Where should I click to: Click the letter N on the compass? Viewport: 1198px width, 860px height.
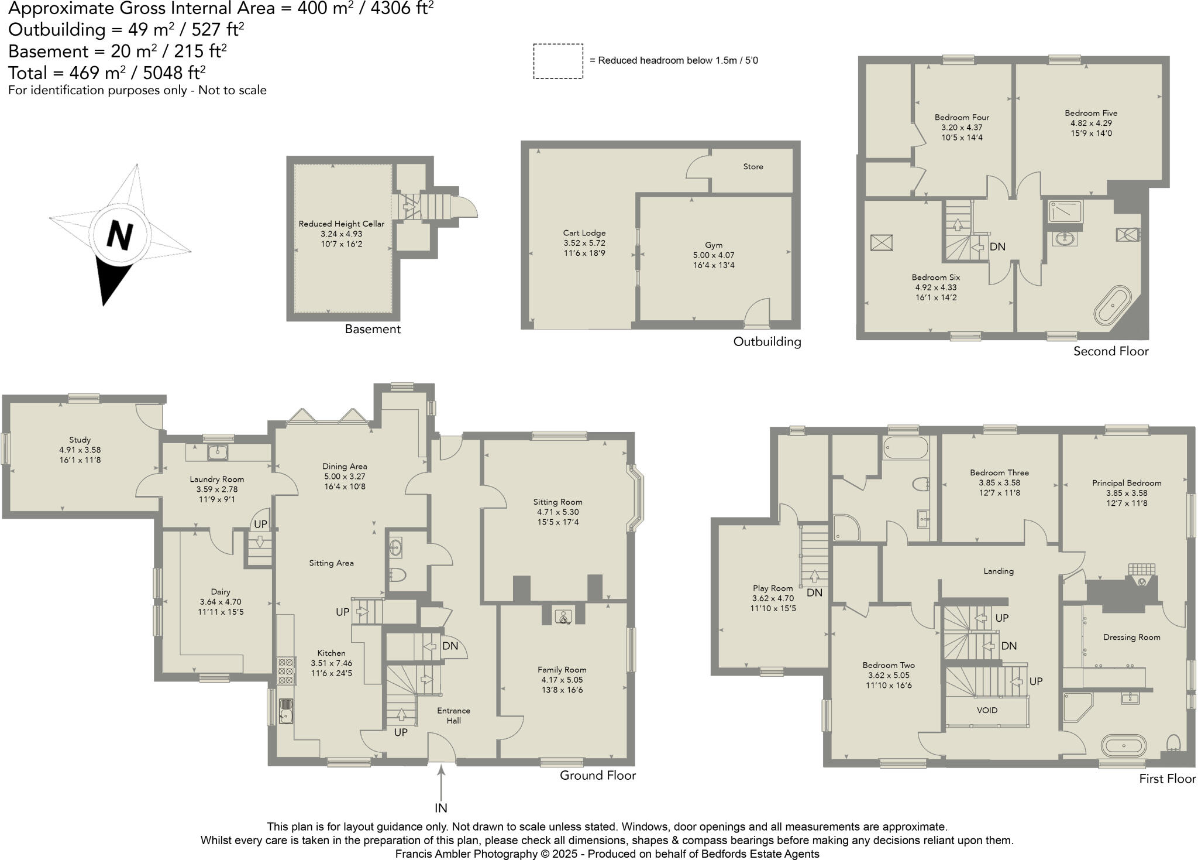120,235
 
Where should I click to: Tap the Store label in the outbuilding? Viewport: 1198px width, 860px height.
753,167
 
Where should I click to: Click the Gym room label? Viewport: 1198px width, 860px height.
713,245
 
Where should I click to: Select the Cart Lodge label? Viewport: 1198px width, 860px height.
584,233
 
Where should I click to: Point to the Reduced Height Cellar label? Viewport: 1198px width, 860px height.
342,224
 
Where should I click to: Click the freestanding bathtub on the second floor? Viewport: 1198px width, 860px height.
1113,304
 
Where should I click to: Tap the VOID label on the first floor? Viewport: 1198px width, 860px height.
987,710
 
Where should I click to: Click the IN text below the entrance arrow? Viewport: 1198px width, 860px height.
440,808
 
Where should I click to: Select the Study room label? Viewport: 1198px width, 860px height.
80,440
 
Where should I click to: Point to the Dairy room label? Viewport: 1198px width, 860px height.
221,592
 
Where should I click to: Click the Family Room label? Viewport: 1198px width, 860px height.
562,670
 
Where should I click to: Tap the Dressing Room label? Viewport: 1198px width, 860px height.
1131,638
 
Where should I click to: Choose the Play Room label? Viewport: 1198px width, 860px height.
773,588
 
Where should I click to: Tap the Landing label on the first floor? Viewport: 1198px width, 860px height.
999,571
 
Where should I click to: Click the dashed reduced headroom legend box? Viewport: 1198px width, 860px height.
557,61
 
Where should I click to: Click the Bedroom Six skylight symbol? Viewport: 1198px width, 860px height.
882,242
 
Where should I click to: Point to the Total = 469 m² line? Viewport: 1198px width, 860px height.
106,73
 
